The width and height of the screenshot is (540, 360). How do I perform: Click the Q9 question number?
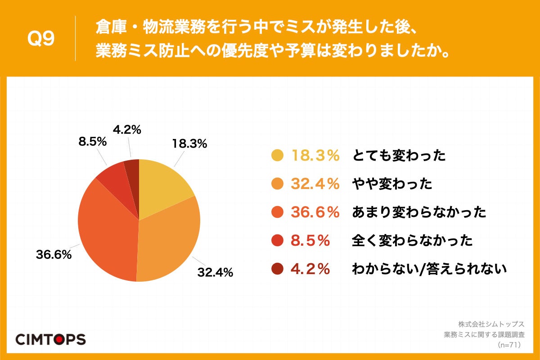(41, 39)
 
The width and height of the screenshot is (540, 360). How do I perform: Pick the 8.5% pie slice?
(112, 175)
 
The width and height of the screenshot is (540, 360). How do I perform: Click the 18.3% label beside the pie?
(189, 144)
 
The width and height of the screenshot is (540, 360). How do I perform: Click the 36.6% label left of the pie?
(54, 255)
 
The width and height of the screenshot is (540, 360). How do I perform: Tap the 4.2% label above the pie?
(127, 130)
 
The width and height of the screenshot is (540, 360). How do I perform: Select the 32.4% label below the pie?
(215, 272)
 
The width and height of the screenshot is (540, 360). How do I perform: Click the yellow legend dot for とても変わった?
(277, 156)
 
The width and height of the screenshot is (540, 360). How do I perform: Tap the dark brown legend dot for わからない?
(277, 269)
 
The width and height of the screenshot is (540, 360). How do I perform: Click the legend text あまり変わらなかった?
(418, 212)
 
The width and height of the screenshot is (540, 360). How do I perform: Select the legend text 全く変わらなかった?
(412, 241)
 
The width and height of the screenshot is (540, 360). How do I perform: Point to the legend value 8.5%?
(310, 241)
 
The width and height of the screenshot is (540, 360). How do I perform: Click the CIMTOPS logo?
(50, 339)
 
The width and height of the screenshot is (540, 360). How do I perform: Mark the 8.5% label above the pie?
(92, 142)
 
